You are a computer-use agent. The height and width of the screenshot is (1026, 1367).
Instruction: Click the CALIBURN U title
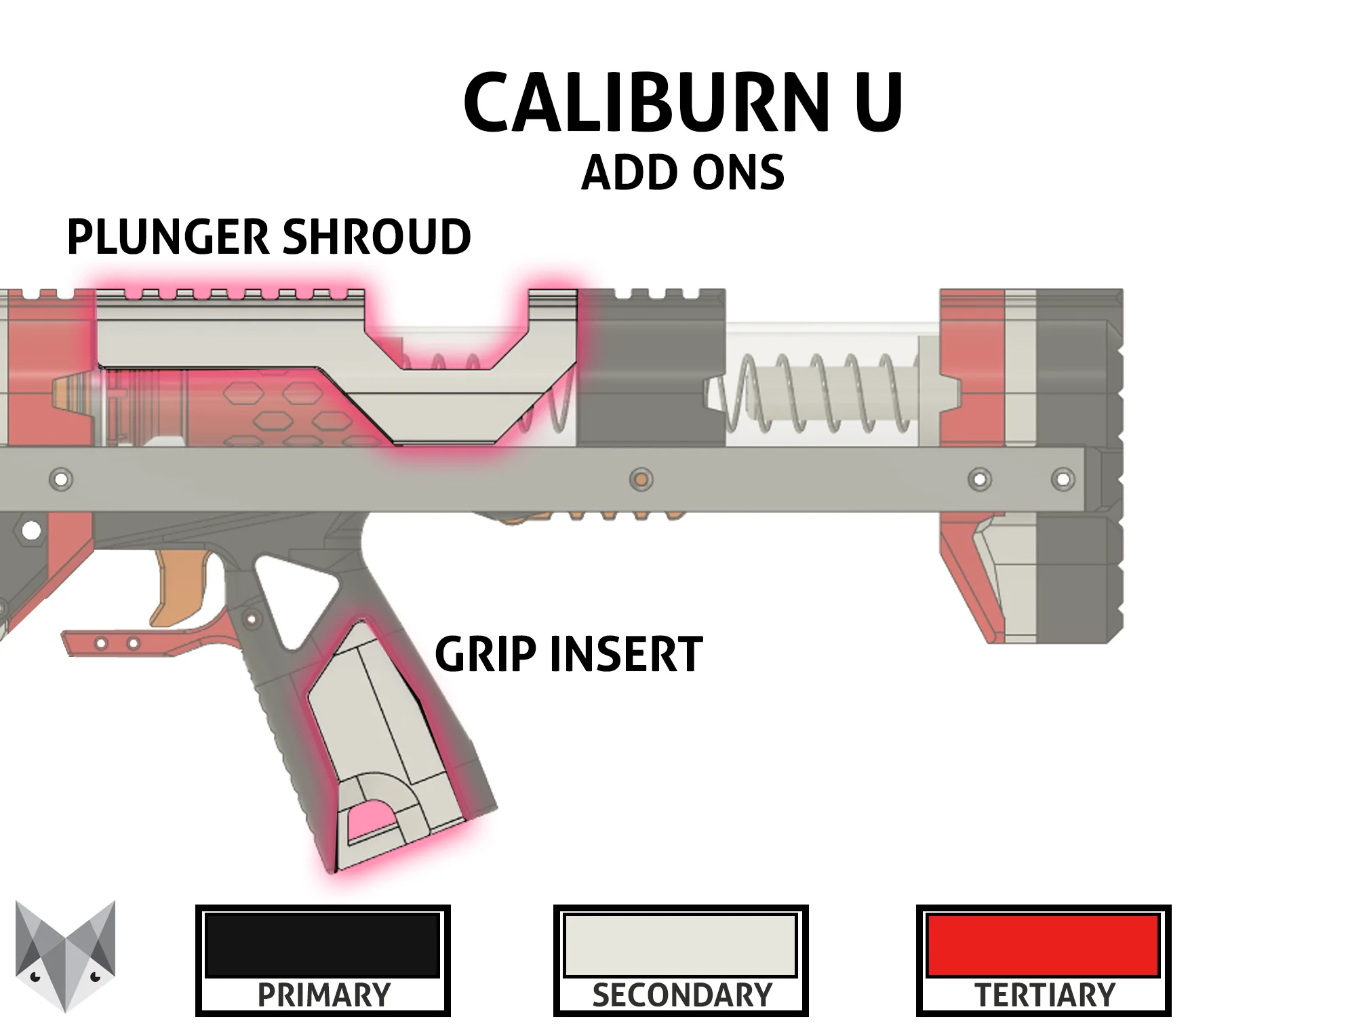point(683,103)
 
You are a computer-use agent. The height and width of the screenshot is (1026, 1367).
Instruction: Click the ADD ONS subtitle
point(683,173)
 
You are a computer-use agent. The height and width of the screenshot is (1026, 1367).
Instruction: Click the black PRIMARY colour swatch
point(323,945)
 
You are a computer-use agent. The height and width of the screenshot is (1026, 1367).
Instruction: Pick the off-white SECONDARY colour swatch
point(680,945)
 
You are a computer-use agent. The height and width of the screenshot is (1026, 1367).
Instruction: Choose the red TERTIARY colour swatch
point(1043,945)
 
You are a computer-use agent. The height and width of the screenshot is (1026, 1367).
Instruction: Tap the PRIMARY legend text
point(324,995)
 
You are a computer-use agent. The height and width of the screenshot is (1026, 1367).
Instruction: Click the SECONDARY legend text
point(682,995)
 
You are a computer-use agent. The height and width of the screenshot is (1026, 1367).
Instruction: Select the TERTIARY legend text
point(1045,995)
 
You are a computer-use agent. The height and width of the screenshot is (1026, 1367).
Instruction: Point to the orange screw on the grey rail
point(641,480)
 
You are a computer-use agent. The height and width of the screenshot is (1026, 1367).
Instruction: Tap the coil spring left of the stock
point(817,394)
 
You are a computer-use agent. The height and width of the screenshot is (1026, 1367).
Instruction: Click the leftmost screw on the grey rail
point(61,480)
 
